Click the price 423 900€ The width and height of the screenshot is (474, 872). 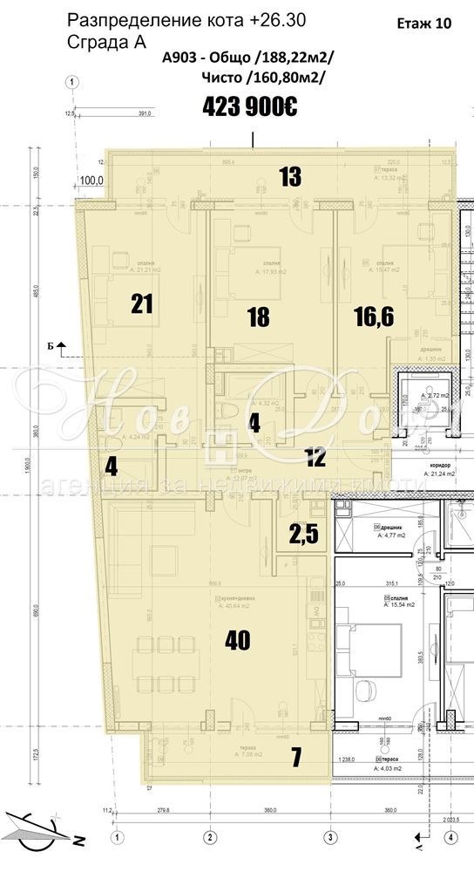click(x=250, y=106)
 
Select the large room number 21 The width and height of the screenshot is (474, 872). click(x=142, y=303)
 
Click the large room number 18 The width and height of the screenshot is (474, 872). click(x=258, y=317)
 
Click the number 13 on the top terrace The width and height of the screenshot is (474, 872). click(x=290, y=177)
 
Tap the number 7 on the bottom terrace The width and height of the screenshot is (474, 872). click(x=295, y=758)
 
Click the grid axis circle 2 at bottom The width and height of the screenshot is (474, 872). click(x=209, y=837)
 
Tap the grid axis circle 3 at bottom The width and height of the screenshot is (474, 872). click(x=330, y=837)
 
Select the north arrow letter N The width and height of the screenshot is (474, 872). click(x=78, y=842)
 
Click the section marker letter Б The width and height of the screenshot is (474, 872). click(x=51, y=346)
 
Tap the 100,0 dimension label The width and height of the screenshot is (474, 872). click(x=92, y=181)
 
